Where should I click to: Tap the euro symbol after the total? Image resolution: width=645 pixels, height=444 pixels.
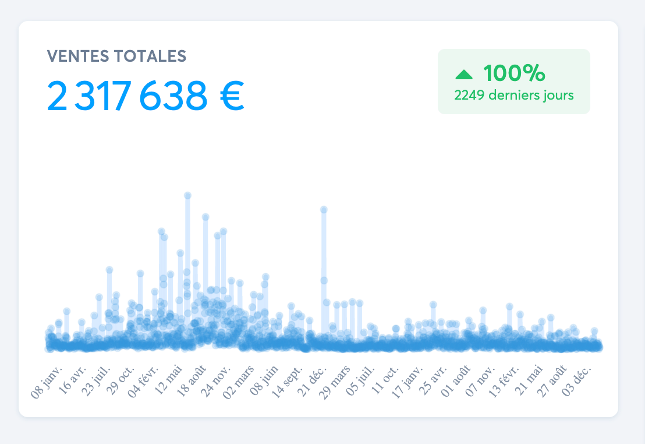click(232, 96)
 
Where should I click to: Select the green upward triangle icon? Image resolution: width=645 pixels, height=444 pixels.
click(464, 74)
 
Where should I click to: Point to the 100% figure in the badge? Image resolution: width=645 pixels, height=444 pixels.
click(514, 73)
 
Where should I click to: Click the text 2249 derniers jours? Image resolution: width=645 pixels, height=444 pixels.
click(514, 95)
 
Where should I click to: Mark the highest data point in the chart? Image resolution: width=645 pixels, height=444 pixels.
click(187, 196)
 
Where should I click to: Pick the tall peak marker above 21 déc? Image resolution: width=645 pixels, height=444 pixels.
click(324, 209)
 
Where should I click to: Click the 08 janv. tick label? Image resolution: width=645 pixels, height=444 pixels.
click(48, 382)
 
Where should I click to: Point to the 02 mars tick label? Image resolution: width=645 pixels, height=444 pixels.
click(241, 381)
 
